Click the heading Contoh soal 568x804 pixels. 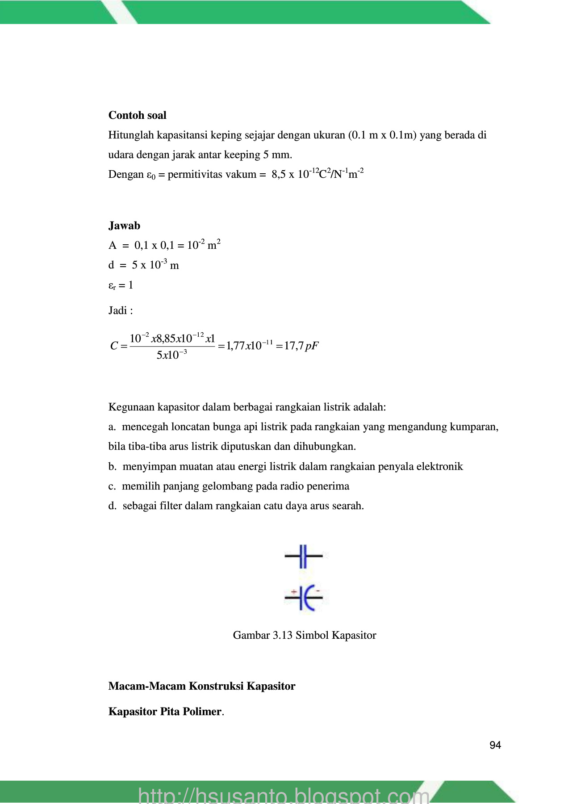pyautogui.click(x=137, y=115)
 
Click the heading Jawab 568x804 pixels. pyautogui.click(x=124, y=226)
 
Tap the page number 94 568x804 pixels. pyautogui.click(x=495, y=745)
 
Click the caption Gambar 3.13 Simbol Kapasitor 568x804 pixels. pyautogui.click(x=304, y=635)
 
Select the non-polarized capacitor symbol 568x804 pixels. pyautogui.click(x=303, y=556)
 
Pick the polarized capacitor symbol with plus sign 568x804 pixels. pyautogui.click(x=304, y=597)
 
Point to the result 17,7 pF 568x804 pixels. pyautogui.click(x=301, y=346)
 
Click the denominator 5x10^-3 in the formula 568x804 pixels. pyautogui.click(x=171, y=355)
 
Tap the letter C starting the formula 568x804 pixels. pyautogui.click(x=114, y=346)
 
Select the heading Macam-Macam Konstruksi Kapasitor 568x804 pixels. pyautogui.click(x=201, y=686)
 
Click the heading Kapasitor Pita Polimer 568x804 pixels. pyautogui.click(x=165, y=712)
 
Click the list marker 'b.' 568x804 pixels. pyautogui.click(x=112, y=466)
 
